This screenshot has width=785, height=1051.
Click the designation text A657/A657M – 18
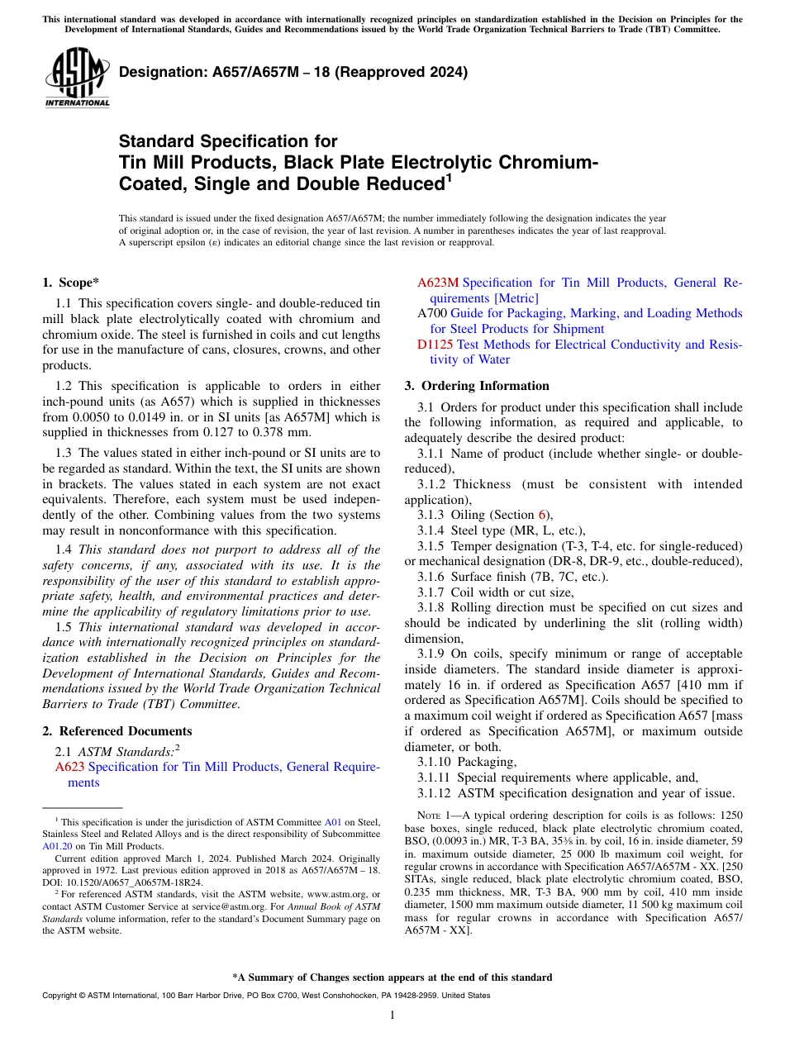[293, 72]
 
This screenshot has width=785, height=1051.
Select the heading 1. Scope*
[71, 283]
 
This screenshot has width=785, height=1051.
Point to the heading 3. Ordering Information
[477, 386]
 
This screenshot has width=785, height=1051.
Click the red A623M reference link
[438, 283]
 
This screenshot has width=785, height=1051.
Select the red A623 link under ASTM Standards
[69, 767]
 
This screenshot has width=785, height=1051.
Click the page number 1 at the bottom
[392, 1015]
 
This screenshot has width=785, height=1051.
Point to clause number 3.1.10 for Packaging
[435, 762]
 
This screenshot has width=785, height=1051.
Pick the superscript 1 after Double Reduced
[449, 176]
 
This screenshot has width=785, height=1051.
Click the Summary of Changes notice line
[392, 977]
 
